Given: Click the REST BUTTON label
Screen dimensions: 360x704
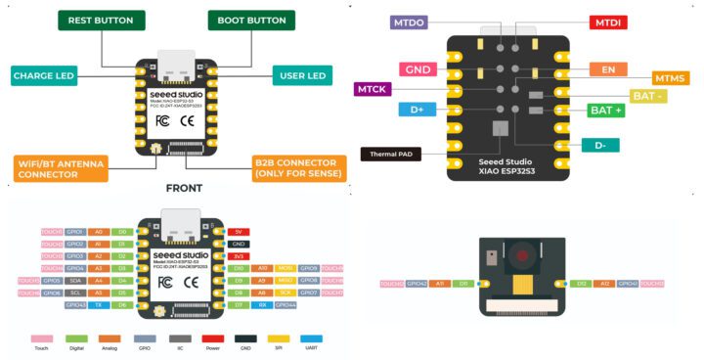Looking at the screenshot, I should point(101,20).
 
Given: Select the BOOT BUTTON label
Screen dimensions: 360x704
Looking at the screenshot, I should point(252,20).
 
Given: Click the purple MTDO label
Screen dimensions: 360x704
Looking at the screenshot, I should point(415,21).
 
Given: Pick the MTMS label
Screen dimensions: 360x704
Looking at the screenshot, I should point(670,78).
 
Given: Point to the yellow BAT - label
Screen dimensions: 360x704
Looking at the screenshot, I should point(649,95).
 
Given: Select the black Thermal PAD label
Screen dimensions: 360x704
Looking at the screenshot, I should point(394,154).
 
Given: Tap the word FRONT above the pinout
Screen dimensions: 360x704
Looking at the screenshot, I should point(185,189).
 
